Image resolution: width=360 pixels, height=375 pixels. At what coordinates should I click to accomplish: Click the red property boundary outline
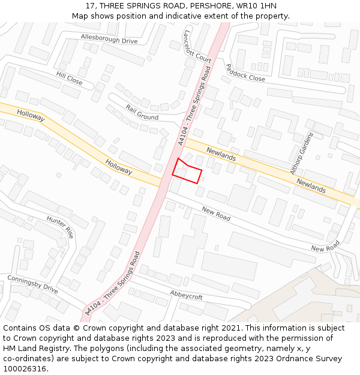(187, 170)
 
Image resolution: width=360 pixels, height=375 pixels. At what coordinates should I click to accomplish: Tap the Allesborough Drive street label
(109, 40)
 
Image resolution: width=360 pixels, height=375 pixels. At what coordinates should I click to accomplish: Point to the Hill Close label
(70, 77)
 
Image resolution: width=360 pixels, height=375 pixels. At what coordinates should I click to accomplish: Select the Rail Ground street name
(142, 112)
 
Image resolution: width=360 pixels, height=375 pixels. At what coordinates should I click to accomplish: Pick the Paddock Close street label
(245, 73)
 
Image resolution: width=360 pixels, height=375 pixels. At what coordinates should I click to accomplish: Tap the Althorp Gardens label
(302, 153)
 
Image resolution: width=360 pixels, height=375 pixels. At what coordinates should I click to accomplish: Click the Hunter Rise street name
(60, 227)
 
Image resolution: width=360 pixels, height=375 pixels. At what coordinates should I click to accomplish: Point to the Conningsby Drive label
(32, 284)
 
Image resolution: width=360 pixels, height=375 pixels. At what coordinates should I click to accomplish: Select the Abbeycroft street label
(186, 296)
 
